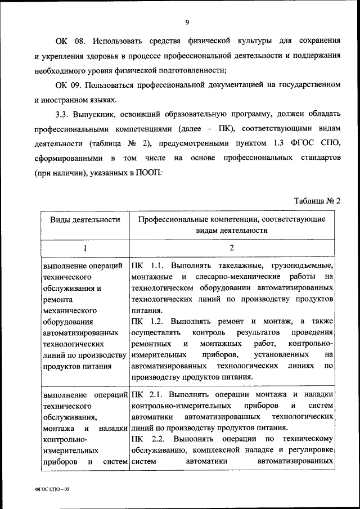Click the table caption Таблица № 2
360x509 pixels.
[318, 201]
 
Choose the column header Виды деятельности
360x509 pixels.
[85, 220]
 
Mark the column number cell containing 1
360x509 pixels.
[85, 247]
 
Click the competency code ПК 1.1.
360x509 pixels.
[146, 265]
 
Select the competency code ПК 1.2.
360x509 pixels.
[146, 321]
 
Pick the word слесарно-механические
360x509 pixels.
[232, 277]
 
